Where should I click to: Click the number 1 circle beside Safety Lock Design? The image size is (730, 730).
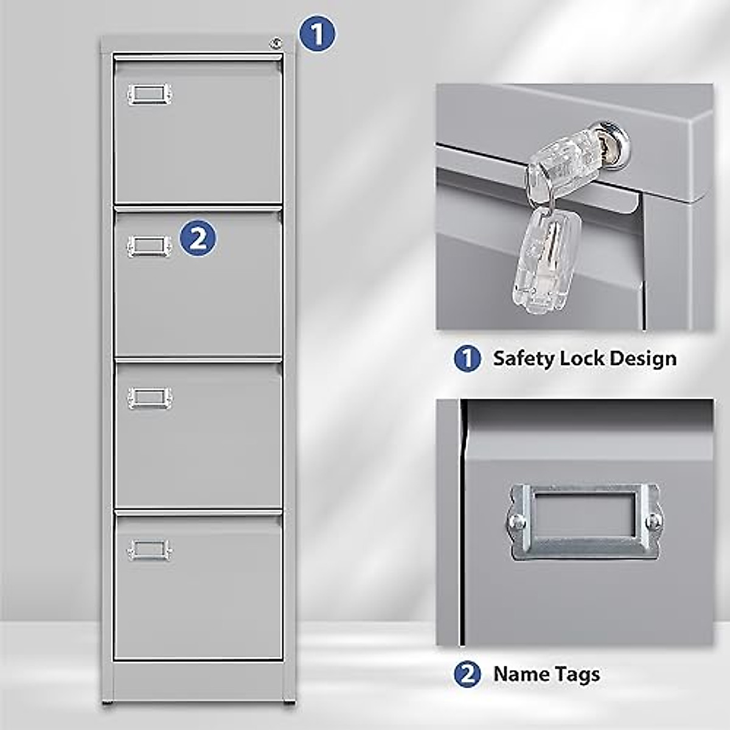click(x=467, y=358)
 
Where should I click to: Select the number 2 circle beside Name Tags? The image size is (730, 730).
click(x=467, y=674)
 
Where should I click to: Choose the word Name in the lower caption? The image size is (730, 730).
click(x=522, y=674)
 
